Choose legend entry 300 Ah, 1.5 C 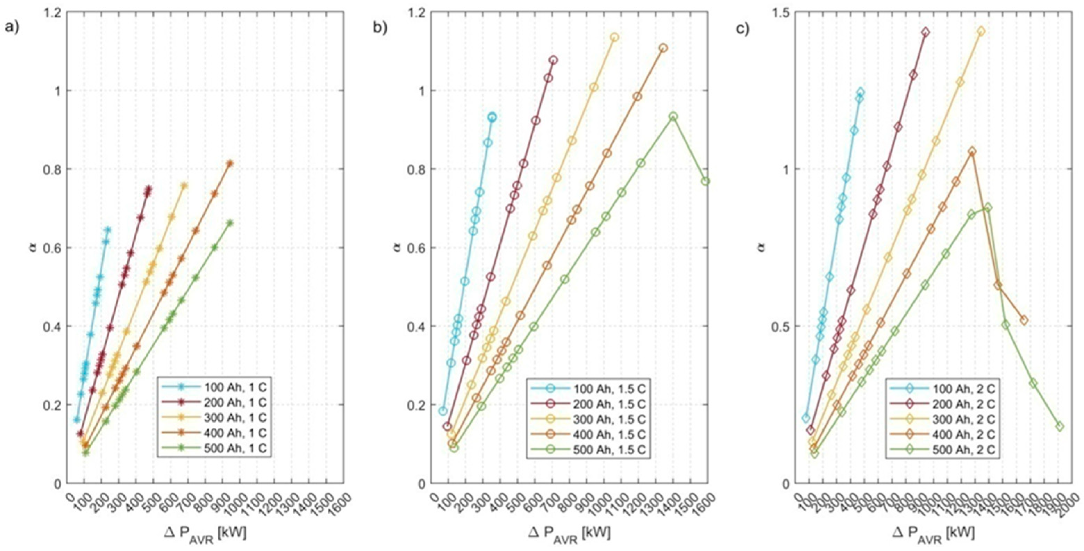coord(609,419)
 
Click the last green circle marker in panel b coord(706,181)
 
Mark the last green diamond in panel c coord(1060,426)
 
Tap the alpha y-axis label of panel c coord(762,248)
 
